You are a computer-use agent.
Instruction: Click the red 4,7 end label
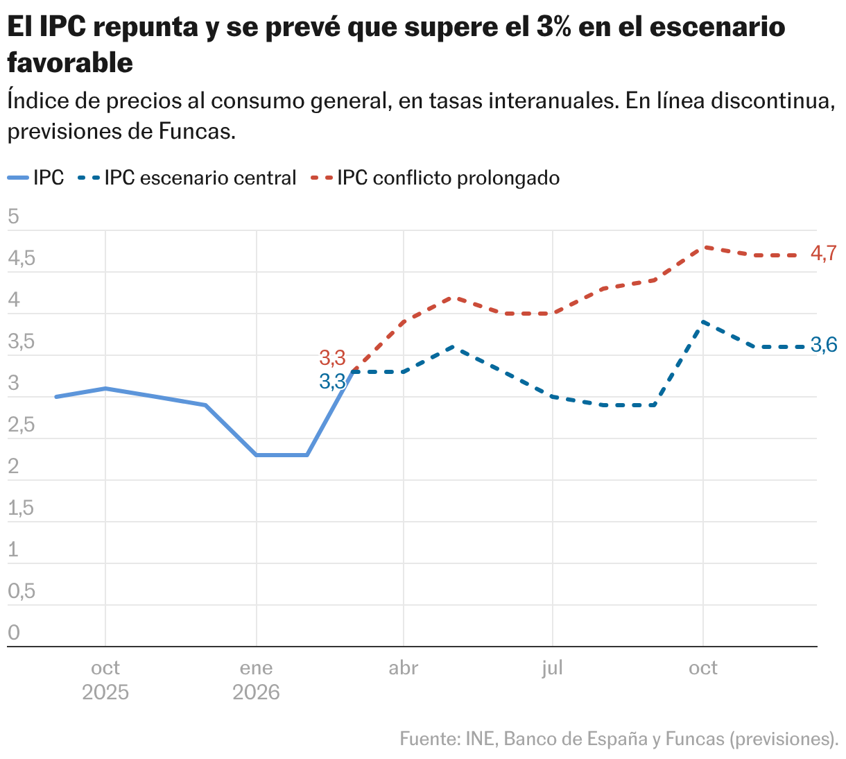point(824,255)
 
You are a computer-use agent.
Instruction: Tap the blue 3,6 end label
point(824,345)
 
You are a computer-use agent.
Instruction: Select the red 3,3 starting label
point(332,359)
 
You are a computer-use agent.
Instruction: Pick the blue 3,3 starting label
point(332,382)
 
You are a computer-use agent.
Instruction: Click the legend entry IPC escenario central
point(200,178)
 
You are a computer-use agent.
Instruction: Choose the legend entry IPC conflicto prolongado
point(448,178)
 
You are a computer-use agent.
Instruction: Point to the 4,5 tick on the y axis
point(21,259)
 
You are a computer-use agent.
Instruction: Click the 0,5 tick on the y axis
point(21,592)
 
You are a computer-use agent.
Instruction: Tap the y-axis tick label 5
point(13,217)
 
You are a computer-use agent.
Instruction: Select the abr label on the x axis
point(403,668)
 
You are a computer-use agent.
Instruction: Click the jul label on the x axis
point(552,668)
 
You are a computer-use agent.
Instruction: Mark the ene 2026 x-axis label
point(256,680)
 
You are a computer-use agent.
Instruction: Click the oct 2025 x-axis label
point(105,680)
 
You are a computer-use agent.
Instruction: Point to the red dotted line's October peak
point(703,247)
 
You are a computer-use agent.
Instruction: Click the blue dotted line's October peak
point(703,322)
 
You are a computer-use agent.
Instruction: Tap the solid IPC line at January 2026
point(257,455)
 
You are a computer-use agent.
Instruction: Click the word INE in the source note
point(480,739)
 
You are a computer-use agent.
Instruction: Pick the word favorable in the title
point(70,63)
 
